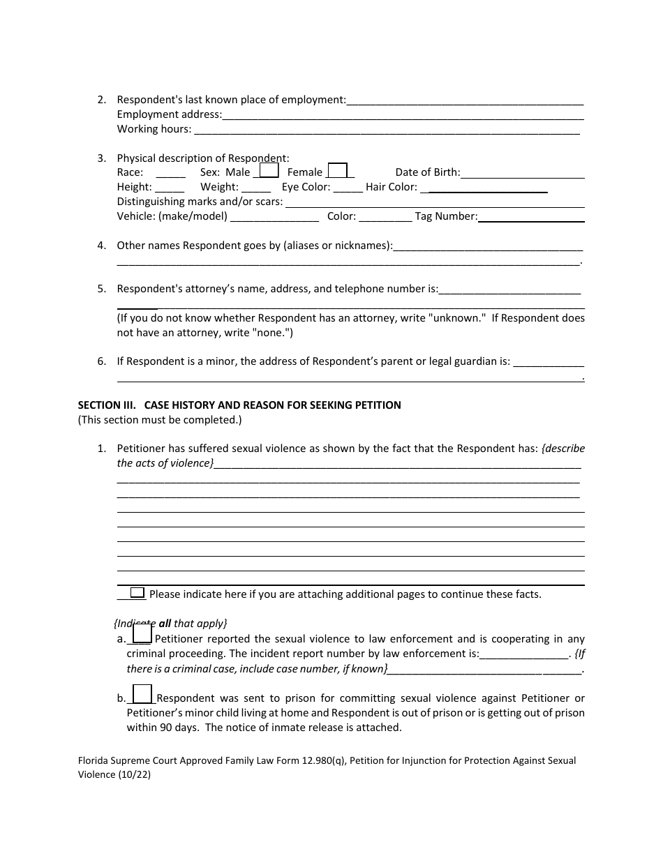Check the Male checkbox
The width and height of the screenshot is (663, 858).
[x=269, y=170]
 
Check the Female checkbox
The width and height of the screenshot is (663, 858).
[x=337, y=170]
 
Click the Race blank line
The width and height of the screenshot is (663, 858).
[x=170, y=173]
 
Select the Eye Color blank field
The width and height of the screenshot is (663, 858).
[x=348, y=188]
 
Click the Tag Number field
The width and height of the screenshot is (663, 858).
[x=531, y=217]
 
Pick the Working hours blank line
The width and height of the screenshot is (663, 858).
[x=386, y=130]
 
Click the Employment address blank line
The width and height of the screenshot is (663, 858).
[x=403, y=115]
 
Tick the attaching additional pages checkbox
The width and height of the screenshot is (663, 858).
[x=137, y=593]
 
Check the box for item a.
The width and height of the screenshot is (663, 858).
[x=142, y=634]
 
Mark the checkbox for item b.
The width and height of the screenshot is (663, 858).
[x=142, y=693]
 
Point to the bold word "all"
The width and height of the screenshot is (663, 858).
[x=165, y=624]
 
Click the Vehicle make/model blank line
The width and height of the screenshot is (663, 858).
[x=274, y=217]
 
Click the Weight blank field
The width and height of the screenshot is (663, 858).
[x=256, y=188]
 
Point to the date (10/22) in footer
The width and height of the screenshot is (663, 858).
[x=134, y=774]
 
